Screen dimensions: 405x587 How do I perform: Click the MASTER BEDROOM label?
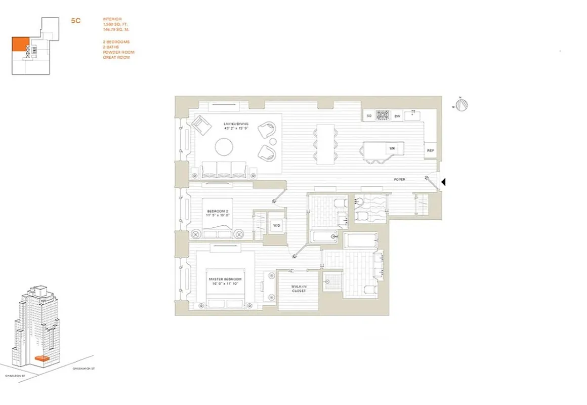click(x=225, y=281)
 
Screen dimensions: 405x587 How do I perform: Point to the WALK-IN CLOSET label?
click(x=299, y=289)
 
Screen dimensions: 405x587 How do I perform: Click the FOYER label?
click(x=400, y=179)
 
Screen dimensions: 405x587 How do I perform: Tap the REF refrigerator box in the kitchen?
click(x=431, y=151)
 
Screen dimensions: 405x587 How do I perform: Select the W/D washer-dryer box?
click(x=277, y=225)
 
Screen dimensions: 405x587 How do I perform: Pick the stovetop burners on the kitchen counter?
click(x=383, y=116)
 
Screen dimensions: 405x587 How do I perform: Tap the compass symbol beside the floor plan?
click(x=461, y=105)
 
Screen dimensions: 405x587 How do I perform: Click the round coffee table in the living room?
click(x=225, y=148)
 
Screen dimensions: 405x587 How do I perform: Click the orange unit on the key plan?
click(x=20, y=45)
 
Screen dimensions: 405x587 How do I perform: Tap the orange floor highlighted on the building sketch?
click(x=42, y=358)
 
